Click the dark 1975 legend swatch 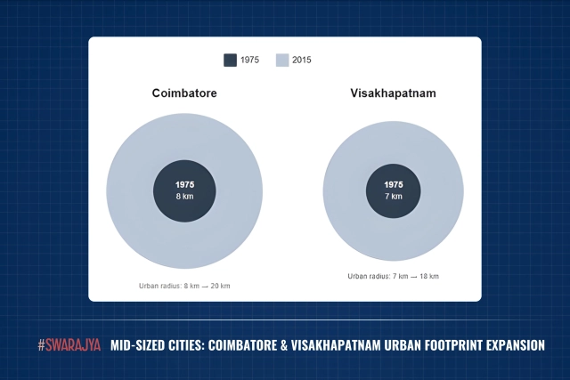pos(230,61)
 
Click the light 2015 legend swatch pos(281,61)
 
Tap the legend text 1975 pos(250,61)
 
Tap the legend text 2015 pos(302,61)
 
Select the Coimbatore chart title pos(184,93)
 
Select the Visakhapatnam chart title pos(393,93)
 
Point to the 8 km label pos(184,197)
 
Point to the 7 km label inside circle pos(393,195)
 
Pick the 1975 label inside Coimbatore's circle pos(184,184)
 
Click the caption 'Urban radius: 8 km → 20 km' pos(184,286)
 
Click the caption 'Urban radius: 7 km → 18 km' pos(393,277)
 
